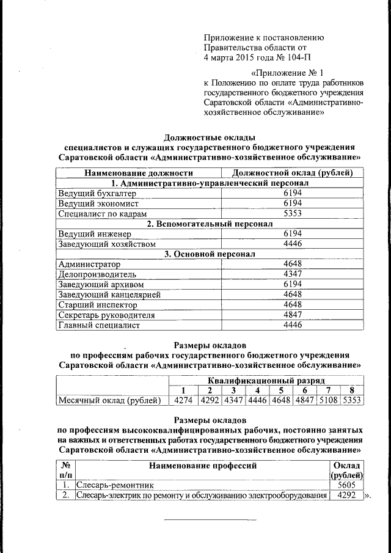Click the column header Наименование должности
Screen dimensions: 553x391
[138, 174]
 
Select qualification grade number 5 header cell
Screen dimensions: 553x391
[281, 390]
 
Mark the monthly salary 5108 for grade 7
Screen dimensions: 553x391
[329, 401]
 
